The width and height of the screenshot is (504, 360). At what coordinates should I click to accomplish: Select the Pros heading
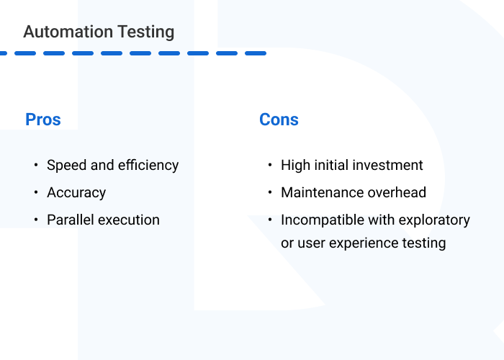pyautogui.click(x=43, y=120)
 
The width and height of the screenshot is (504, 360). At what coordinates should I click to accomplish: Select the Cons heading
pyautogui.click(x=279, y=120)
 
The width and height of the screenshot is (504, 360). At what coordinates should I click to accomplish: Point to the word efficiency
pyautogui.click(x=148, y=166)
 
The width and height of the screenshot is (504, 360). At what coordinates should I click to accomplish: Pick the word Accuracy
pyautogui.click(x=76, y=193)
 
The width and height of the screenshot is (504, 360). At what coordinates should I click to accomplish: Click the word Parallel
pyautogui.click(x=70, y=220)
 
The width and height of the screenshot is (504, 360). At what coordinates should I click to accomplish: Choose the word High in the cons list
pyautogui.click(x=296, y=166)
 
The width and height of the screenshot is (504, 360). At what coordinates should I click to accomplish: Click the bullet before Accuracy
pyautogui.click(x=36, y=193)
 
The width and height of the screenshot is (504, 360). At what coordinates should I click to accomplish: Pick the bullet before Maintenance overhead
pyautogui.click(x=269, y=193)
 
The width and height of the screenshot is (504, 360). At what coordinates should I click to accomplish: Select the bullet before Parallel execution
pyautogui.click(x=36, y=220)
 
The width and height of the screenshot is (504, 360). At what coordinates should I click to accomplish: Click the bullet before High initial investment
pyautogui.click(x=269, y=166)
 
